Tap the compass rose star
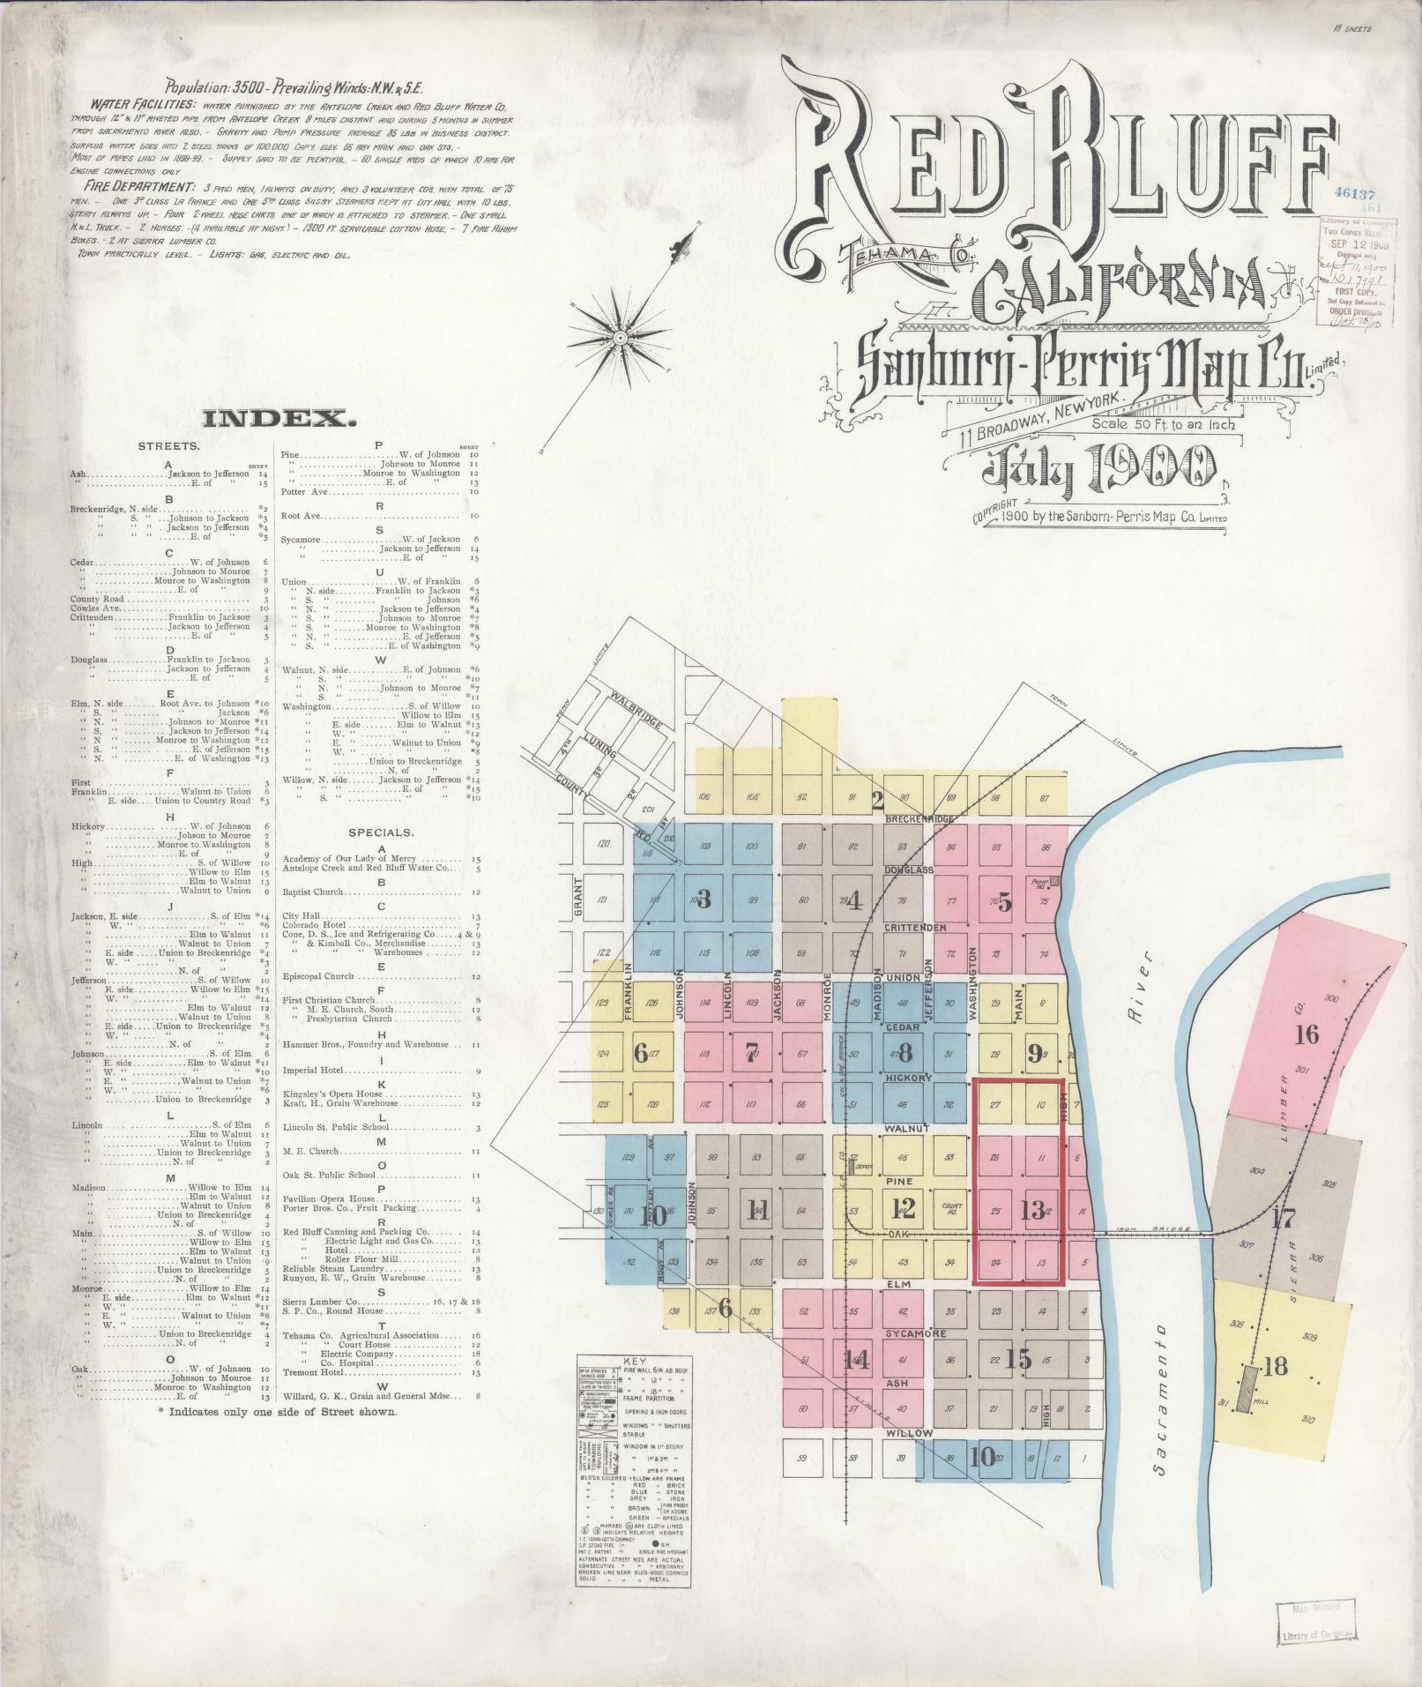(x=621, y=337)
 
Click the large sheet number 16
(x=1306, y=1034)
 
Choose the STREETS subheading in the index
(x=168, y=446)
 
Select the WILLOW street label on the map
(x=909, y=1433)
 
